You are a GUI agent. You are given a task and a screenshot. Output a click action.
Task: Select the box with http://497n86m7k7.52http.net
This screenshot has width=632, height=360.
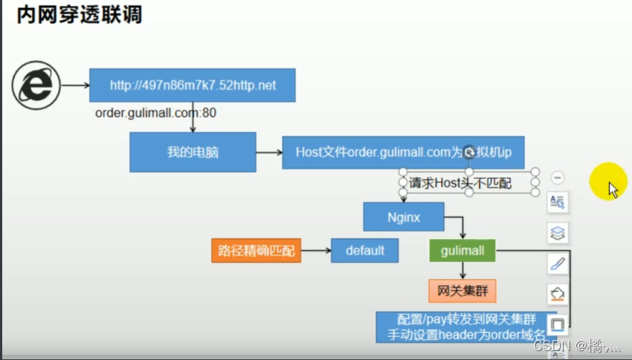192,85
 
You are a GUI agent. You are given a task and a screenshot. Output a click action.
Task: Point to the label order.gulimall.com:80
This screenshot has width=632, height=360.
156,113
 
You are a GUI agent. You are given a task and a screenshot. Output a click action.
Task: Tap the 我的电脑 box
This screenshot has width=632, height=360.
192,151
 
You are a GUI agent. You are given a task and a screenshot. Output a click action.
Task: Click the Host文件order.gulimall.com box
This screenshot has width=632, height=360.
409,152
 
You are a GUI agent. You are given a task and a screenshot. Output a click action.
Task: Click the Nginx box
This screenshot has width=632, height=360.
403,217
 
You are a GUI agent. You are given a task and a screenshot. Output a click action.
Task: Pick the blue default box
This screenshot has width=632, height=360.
365,250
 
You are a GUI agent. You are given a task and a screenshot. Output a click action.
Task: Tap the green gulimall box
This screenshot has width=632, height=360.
462,250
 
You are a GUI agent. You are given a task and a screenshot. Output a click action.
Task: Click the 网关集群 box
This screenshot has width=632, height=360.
462,289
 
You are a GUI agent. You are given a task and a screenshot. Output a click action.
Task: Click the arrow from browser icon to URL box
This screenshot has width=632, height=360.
75,85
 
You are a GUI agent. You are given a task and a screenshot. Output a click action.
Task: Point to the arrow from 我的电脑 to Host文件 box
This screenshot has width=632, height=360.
269,152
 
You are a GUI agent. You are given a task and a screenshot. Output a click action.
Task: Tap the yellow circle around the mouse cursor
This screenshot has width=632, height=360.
608,186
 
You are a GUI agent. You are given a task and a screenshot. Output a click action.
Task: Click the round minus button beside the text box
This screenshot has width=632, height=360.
558,177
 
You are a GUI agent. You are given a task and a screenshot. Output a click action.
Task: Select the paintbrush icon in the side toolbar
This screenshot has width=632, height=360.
558,263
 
